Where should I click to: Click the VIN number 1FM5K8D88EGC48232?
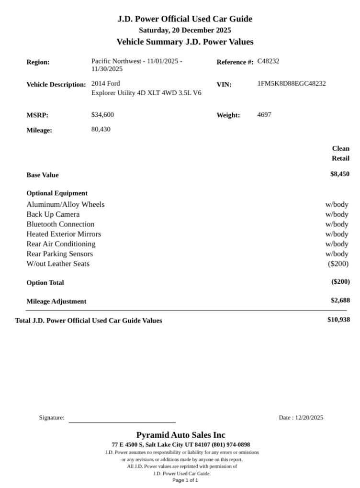point(292,84)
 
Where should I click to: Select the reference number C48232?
point(268,61)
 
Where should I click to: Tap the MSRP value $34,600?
point(102,115)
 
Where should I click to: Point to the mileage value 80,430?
point(101,129)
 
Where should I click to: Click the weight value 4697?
point(264,115)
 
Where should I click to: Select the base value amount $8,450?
point(339,174)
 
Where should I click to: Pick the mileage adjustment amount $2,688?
point(340,300)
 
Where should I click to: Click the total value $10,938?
point(338,320)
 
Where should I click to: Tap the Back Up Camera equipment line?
point(53,214)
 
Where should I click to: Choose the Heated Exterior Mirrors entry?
point(64,234)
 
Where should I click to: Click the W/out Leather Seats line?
point(58,264)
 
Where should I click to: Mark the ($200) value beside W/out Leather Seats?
point(338,264)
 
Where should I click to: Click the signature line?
point(122,421)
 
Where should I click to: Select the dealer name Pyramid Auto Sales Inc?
point(180,435)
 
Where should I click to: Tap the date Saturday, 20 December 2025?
point(185,30)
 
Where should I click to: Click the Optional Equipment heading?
point(57,193)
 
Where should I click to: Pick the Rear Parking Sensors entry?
point(60,254)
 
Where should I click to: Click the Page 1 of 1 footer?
point(185,480)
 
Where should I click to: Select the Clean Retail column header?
point(340,153)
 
